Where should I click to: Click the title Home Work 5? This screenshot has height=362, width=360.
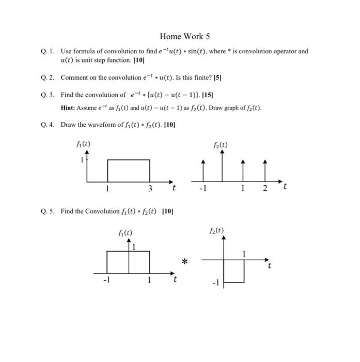pyautogui.click(x=185, y=36)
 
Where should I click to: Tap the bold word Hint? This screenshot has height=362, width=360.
pyautogui.click(x=69, y=108)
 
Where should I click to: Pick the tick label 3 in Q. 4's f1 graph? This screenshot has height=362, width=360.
pyautogui.click(x=150, y=188)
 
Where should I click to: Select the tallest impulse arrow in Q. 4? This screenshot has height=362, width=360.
pyautogui.click(x=223, y=165)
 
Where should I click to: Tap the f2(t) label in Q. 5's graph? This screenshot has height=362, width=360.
pyautogui.click(x=217, y=231)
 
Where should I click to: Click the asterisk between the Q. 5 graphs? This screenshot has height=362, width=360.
pyautogui.click(x=184, y=262)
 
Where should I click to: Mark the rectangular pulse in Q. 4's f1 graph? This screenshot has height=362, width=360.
pyautogui.click(x=129, y=171)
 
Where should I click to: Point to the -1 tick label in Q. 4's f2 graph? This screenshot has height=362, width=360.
pyautogui.click(x=203, y=188)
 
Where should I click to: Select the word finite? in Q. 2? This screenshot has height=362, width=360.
pyautogui.click(x=199, y=78)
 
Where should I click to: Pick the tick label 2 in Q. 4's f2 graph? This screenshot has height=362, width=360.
pyautogui.click(x=264, y=188)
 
